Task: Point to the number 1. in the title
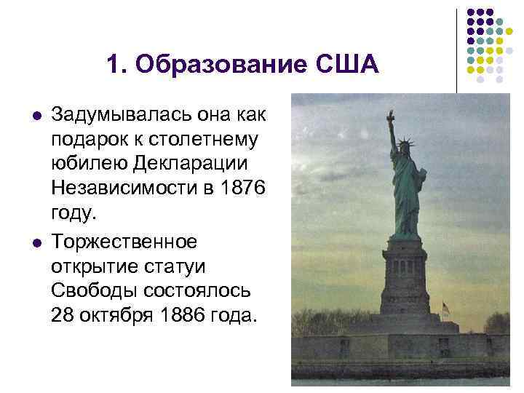[x=116, y=65]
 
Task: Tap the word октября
[x=116, y=315]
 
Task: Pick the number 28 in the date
[x=63, y=315]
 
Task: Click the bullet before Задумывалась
[x=36, y=115]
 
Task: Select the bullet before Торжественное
[x=36, y=239]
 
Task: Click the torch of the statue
[x=391, y=116]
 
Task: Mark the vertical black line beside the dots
[x=457, y=51]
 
